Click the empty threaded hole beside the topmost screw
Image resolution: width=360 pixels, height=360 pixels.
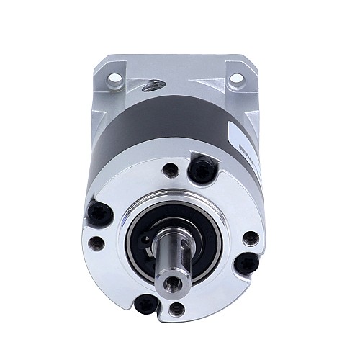(170, 171)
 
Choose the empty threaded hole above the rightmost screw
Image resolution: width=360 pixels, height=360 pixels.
(250, 237)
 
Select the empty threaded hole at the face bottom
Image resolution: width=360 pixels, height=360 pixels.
(177, 310)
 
